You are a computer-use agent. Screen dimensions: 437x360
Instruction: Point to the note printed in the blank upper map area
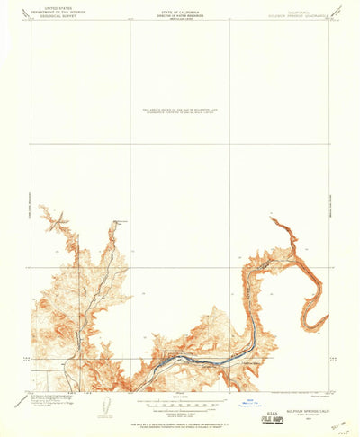click(x=180, y=111)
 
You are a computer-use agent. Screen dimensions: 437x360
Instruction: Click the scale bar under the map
click(x=180, y=398)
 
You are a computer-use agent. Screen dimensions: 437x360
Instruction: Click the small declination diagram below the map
click(x=105, y=404)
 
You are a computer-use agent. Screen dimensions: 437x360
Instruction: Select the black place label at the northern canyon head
click(x=121, y=219)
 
